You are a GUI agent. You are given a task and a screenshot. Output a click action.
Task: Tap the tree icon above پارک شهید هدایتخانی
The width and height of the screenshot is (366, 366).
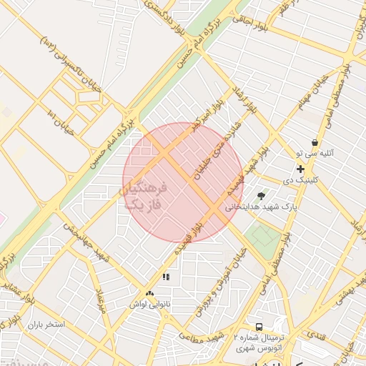[262, 194]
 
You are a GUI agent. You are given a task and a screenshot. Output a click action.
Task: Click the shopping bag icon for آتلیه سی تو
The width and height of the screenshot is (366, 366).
[315, 143]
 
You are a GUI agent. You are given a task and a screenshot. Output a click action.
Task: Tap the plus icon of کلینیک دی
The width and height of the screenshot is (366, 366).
[301, 169]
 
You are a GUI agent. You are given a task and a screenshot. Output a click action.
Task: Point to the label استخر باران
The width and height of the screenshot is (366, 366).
[46, 325]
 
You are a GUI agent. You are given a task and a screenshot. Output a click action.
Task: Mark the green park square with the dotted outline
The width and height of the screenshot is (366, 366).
[265, 236]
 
